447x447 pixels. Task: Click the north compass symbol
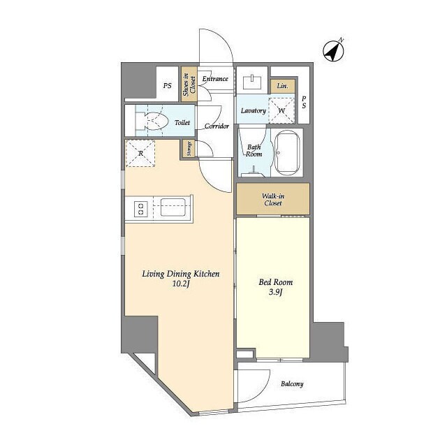tap(334, 51)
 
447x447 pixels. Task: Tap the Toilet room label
tap(182, 123)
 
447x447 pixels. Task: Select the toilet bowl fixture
tap(154, 121)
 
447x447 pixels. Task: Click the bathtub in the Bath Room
tap(287, 153)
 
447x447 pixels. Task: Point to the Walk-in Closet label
tap(273, 200)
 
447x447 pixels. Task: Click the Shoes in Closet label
tap(189, 85)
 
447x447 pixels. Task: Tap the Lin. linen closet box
tap(282, 86)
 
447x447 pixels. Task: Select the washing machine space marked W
tap(281, 110)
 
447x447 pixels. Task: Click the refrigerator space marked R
tap(140, 154)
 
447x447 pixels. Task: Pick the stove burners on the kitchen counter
tap(141, 208)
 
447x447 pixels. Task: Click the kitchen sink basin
tap(173, 207)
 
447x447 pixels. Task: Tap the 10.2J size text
tap(181, 284)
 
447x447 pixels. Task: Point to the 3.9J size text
tap(275, 292)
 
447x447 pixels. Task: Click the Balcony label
tap(292, 383)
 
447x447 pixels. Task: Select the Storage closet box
tap(189, 149)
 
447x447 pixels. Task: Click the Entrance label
tap(215, 79)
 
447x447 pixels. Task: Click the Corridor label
tap(217, 126)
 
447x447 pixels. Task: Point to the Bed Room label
tap(276, 282)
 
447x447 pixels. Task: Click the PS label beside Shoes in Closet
tap(168, 85)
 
